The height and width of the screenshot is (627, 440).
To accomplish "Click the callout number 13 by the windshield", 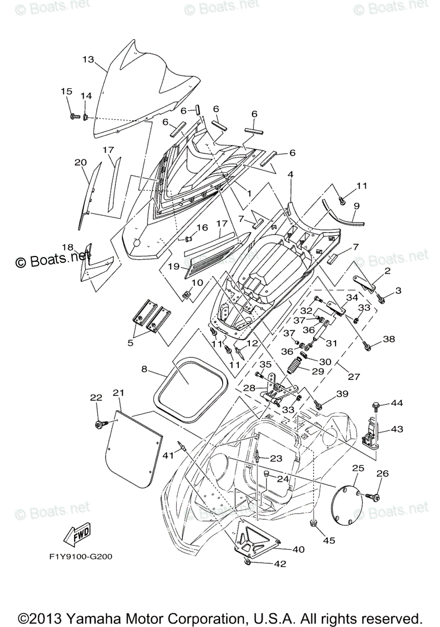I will click(88, 60).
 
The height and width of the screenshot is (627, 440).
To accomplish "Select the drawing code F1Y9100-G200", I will click(78, 556).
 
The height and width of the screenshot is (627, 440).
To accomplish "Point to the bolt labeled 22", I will click(99, 425).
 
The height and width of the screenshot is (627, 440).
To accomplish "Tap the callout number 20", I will click(80, 162).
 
